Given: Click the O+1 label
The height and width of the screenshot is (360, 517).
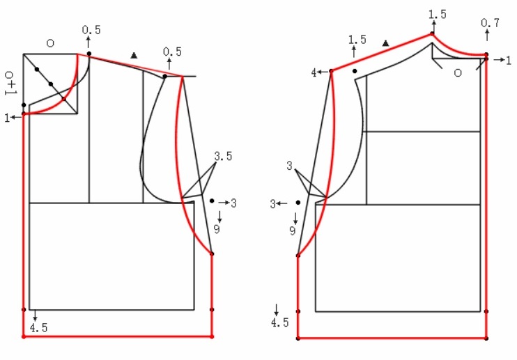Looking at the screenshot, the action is click(10, 83).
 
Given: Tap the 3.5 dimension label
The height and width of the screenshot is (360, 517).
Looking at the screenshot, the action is click(223, 156).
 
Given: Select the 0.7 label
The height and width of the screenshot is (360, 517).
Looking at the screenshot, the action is click(490, 23).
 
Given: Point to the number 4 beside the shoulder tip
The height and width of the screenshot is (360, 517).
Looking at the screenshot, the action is click(314, 73).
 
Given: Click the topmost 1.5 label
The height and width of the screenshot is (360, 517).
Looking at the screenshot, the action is click(437, 15).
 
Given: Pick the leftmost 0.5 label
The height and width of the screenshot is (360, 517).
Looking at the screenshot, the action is click(91, 30).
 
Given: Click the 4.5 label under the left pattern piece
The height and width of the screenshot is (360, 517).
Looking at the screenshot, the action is click(38, 328).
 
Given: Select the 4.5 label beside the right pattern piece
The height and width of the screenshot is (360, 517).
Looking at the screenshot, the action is click(279, 322).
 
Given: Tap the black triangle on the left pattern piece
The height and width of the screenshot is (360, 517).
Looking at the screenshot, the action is click(134, 55).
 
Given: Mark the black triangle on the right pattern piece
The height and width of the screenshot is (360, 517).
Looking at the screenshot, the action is click(385, 43).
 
